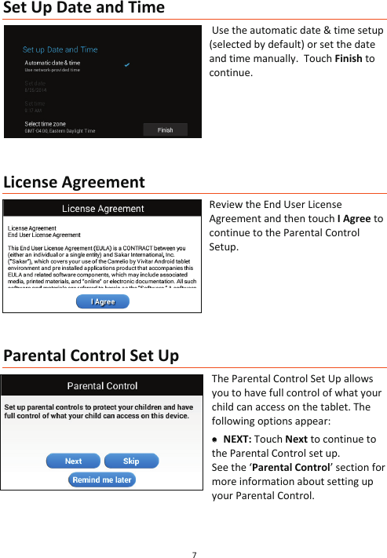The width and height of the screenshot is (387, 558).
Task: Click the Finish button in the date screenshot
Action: pyautogui.click(x=166, y=130)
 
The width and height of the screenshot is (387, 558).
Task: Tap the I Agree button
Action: pyautogui.click(x=103, y=301)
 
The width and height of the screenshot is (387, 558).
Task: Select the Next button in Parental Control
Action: pyautogui.click(x=73, y=461)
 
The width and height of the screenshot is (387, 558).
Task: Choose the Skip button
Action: pyautogui.click(x=131, y=461)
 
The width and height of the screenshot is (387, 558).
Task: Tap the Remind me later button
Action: pyautogui.click(x=102, y=480)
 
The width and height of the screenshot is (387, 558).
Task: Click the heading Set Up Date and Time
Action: pyautogui.click(x=84, y=9)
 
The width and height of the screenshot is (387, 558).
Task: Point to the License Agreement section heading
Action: pyautogui.click(x=75, y=183)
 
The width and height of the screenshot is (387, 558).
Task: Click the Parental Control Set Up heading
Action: pyautogui.click(x=91, y=356)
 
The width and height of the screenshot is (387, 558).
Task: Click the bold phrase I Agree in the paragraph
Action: pyautogui.click(x=354, y=219)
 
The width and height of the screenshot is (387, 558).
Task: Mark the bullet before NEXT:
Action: pyautogui.click(x=214, y=439)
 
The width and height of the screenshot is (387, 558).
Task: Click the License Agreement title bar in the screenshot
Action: pyautogui.click(x=103, y=209)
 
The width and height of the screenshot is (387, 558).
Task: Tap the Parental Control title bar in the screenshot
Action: pyautogui.click(x=102, y=385)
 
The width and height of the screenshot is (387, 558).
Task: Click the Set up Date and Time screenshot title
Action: pyautogui.click(x=60, y=49)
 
